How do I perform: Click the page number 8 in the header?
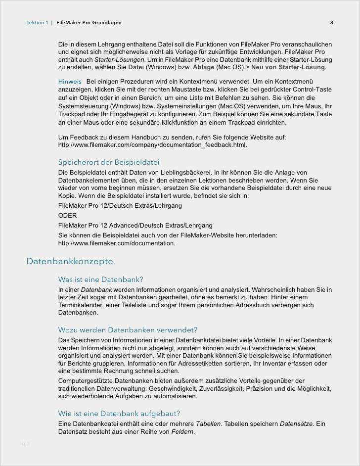(331, 23)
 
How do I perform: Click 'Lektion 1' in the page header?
(37, 23)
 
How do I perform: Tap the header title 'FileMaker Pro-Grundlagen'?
(89, 23)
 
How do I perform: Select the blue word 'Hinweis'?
(70, 81)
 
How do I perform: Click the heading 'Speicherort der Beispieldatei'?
(108, 162)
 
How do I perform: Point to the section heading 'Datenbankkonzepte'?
(70, 261)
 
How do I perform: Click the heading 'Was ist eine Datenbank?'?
(100, 280)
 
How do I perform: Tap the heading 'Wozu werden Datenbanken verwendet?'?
(128, 330)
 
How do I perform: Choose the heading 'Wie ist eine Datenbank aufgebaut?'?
(119, 414)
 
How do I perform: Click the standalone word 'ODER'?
(67, 215)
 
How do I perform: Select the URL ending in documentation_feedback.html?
(152, 145)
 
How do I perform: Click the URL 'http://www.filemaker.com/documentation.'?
(117, 243)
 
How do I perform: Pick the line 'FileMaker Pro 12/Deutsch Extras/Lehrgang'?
(120, 205)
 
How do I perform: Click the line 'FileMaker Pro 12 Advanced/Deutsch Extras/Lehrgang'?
(135, 225)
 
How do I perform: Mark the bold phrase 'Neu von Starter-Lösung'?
(288, 67)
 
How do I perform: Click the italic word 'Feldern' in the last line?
(182, 432)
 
